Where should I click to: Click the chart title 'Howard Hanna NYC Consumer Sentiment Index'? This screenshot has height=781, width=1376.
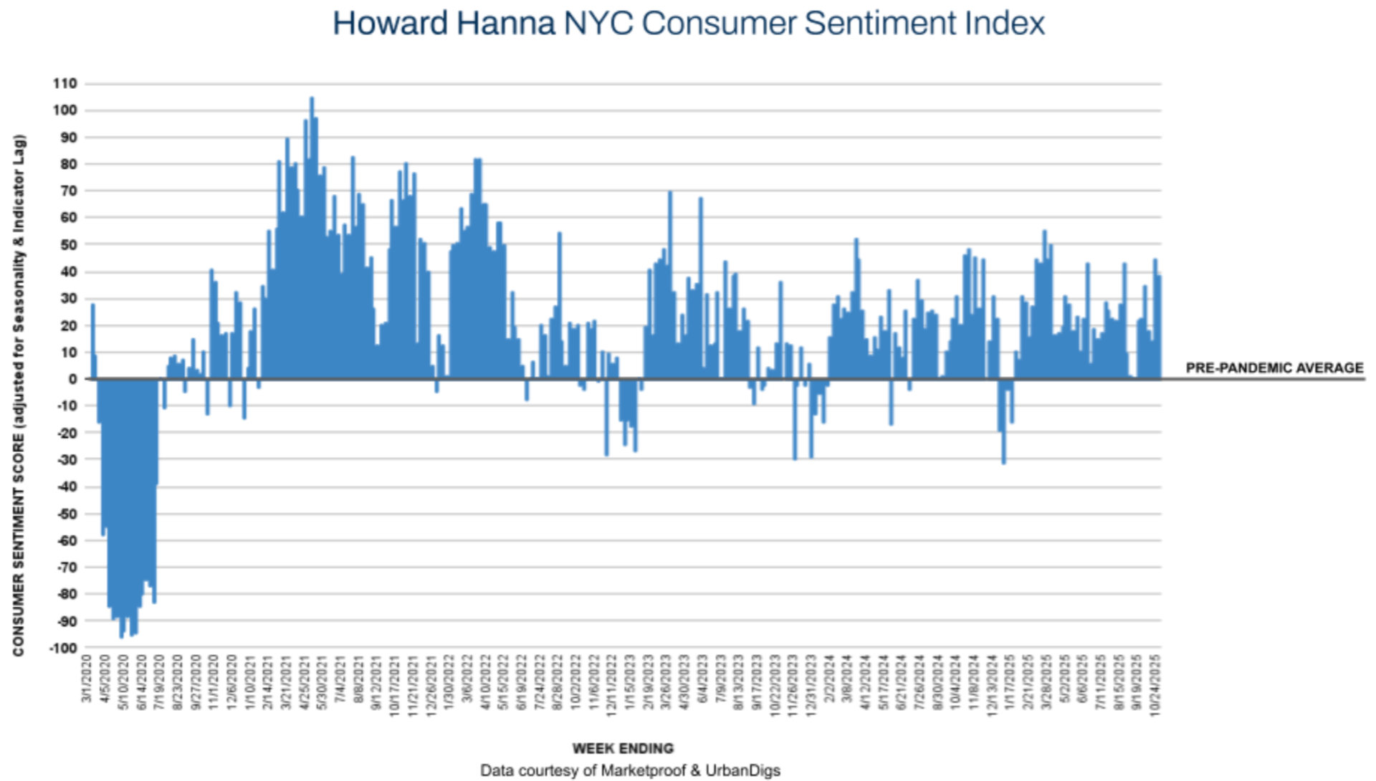point(688,24)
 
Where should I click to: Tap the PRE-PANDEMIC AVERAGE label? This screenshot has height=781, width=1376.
point(1274,368)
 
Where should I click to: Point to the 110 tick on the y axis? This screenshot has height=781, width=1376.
point(64,84)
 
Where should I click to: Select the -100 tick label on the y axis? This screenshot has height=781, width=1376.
point(62,648)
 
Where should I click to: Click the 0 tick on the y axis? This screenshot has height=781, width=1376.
point(72,379)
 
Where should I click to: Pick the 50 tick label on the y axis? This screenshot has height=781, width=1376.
point(68,245)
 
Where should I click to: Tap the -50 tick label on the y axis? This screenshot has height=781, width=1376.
point(66,514)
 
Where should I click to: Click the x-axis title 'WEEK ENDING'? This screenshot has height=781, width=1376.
point(623,749)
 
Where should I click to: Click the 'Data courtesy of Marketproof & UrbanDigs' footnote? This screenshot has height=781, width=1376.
point(630,771)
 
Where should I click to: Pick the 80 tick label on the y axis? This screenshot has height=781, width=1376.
point(68,164)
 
